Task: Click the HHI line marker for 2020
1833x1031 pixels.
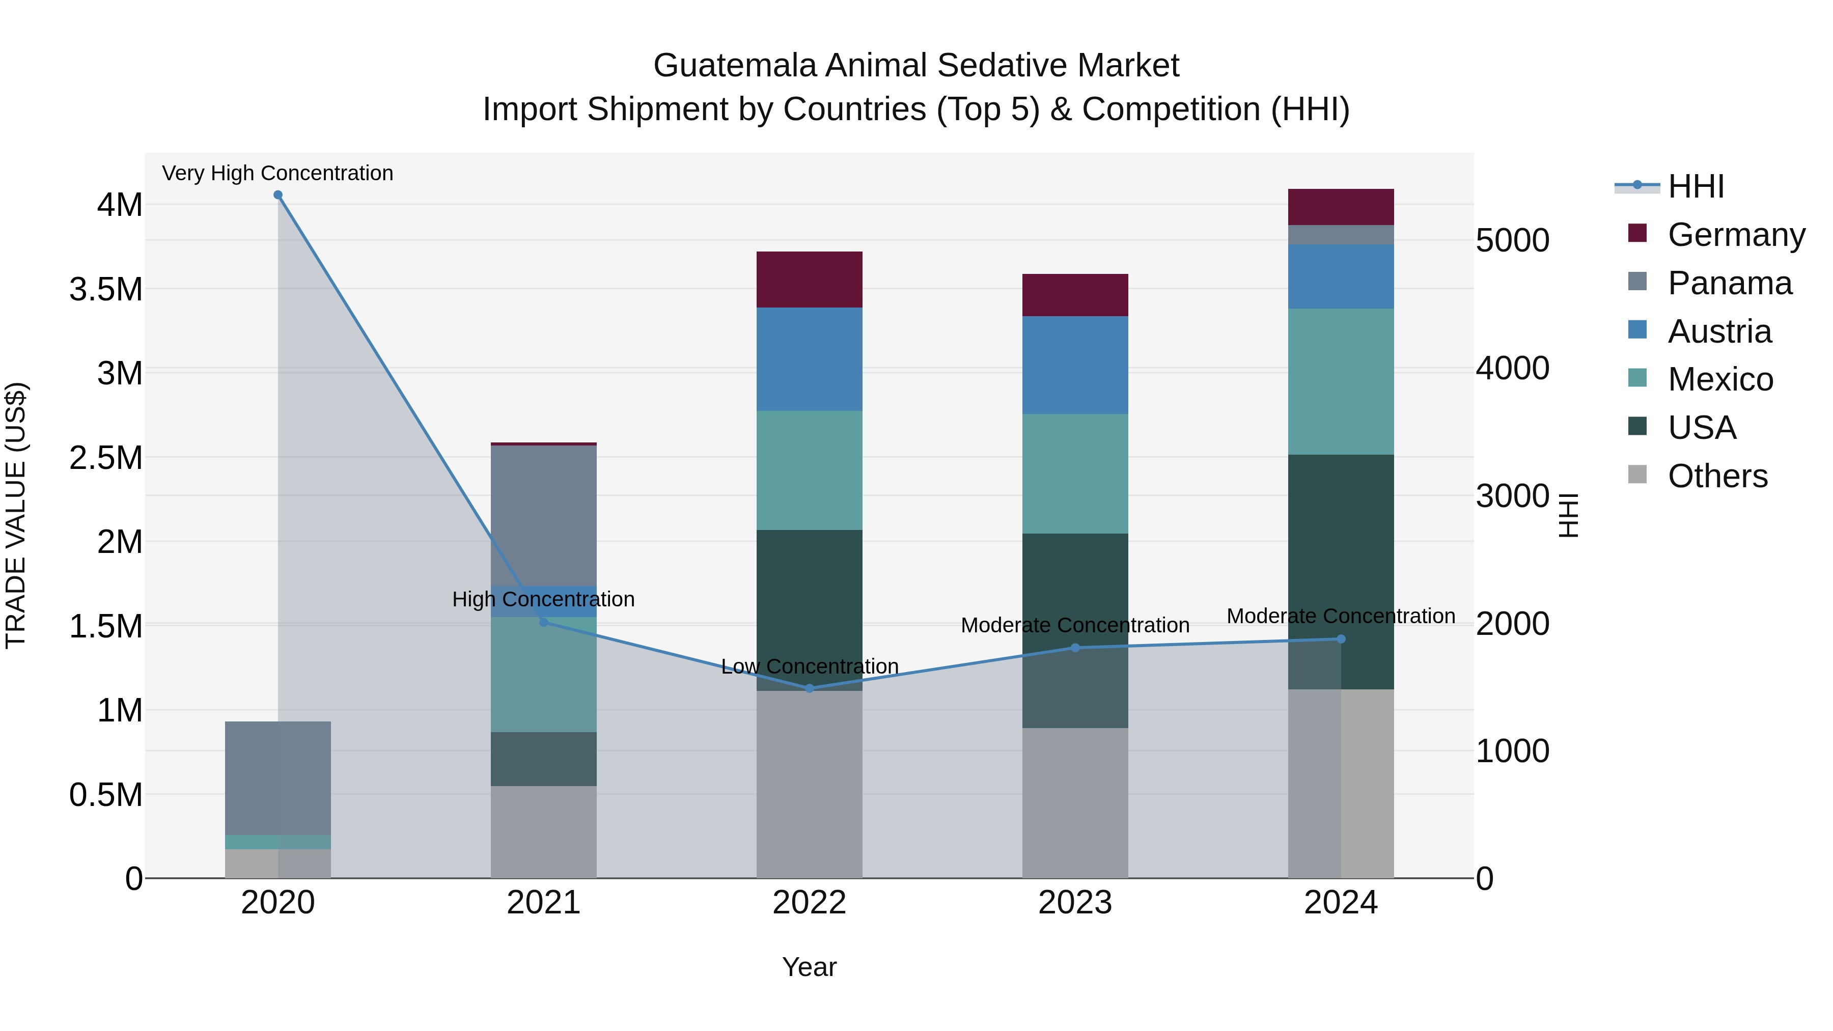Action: [x=278, y=195]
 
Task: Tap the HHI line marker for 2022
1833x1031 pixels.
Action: [x=809, y=688]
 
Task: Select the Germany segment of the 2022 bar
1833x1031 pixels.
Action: [x=809, y=280]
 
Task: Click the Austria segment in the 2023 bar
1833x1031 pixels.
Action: [x=1075, y=365]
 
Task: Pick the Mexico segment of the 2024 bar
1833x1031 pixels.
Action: [x=1341, y=381]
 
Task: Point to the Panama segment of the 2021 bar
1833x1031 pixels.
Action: [x=544, y=516]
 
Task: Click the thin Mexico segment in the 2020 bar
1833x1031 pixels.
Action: [x=278, y=842]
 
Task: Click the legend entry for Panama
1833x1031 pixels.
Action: [x=1729, y=283]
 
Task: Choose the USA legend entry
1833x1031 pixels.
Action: [x=1702, y=428]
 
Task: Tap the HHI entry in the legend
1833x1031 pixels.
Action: [x=1695, y=186]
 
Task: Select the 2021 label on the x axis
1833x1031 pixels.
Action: [x=544, y=903]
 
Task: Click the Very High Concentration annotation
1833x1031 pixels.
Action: [x=277, y=173]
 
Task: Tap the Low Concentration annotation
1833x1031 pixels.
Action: [x=810, y=666]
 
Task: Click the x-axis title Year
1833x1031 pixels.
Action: [x=809, y=967]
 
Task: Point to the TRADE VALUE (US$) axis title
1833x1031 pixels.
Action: [x=16, y=515]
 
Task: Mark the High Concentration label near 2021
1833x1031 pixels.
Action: [x=544, y=599]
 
